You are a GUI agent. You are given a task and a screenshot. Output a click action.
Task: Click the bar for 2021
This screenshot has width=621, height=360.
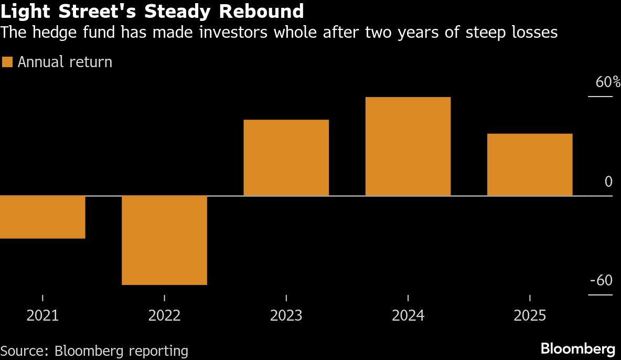[42, 217]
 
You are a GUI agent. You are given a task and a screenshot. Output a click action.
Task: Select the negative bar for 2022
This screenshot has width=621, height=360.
[164, 240]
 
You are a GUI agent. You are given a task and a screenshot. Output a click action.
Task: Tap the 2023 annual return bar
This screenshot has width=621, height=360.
[286, 157]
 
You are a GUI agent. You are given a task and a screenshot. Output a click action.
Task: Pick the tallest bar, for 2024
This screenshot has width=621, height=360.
[408, 146]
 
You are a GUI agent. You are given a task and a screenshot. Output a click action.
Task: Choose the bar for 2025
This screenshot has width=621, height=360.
[529, 164]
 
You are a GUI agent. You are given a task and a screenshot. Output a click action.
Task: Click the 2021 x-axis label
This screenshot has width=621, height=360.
[42, 315]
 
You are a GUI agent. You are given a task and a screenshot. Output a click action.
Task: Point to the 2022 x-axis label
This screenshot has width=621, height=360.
[164, 315]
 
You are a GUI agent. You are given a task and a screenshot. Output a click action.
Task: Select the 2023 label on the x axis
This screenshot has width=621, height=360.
[286, 315]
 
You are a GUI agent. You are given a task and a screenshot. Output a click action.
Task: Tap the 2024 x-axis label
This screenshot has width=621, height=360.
[408, 315]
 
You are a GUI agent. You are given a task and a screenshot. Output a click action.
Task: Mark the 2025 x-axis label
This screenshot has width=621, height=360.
[529, 315]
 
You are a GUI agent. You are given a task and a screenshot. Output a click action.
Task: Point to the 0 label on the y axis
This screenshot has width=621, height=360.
[608, 182]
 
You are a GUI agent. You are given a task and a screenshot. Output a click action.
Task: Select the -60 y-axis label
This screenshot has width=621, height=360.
[601, 281]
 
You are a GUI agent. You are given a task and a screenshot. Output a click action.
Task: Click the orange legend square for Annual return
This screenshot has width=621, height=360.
[7, 62]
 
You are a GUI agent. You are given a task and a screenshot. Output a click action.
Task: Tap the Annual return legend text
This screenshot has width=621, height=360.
[65, 62]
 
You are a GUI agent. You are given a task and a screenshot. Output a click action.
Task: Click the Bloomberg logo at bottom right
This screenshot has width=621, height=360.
[577, 348]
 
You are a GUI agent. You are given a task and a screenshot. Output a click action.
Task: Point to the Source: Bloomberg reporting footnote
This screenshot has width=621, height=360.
[94, 351]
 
